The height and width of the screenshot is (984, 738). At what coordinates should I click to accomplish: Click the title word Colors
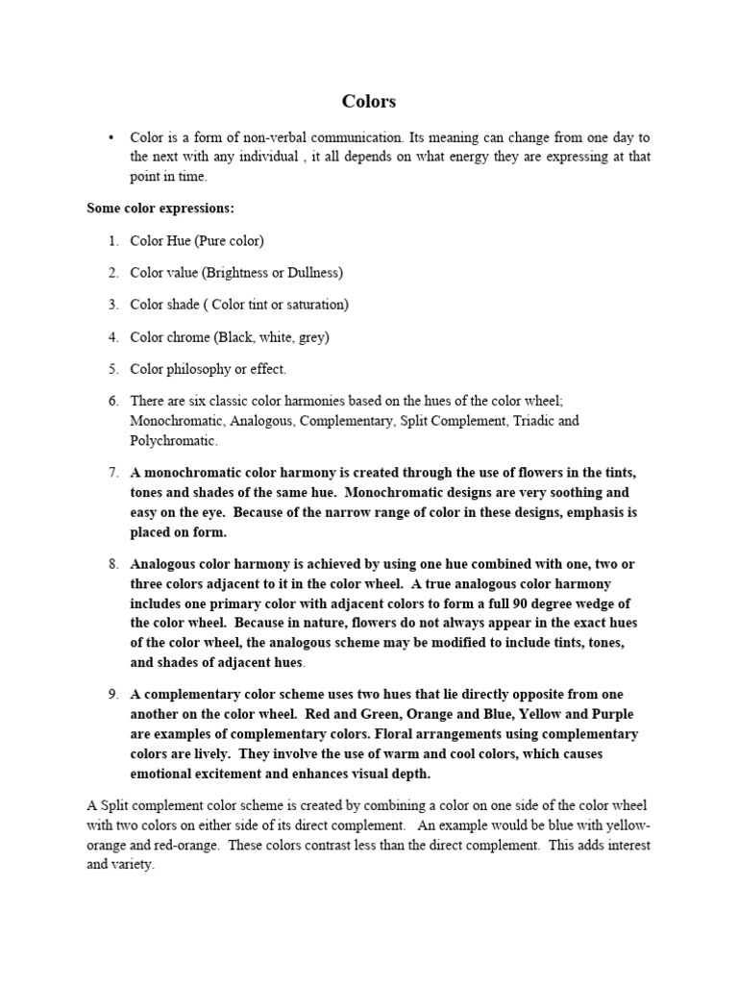coord(369,101)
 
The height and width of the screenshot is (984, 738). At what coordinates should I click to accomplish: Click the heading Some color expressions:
coord(160,208)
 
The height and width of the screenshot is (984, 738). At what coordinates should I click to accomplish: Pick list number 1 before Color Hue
coord(112,240)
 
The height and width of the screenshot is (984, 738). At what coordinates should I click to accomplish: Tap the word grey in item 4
coord(307,337)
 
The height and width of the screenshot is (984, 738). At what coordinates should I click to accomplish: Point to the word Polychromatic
coord(174,440)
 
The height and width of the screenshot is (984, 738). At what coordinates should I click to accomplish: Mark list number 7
coord(112,473)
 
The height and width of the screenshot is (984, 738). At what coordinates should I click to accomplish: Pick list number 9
coord(112,694)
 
